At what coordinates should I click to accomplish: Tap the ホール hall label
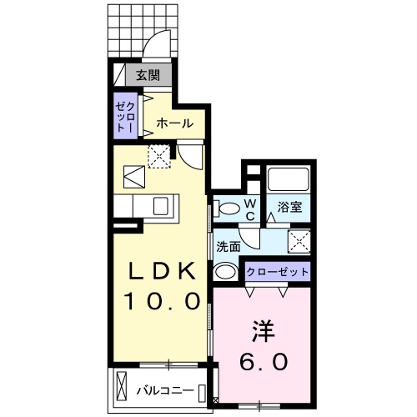(174, 123)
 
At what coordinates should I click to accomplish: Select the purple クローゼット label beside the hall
(128, 117)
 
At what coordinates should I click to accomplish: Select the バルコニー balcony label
(167, 389)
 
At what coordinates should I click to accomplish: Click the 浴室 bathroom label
(289, 205)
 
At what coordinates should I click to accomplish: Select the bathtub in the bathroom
(289, 178)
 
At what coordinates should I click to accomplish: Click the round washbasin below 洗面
(224, 272)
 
